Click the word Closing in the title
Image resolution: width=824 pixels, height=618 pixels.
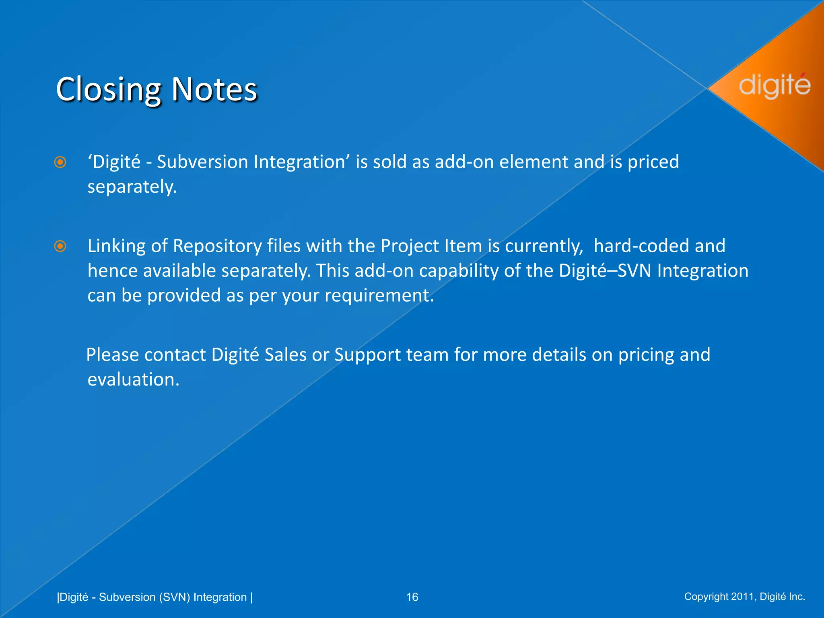(x=108, y=89)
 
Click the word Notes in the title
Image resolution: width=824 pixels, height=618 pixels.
(x=214, y=89)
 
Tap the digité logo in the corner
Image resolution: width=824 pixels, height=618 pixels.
(x=775, y=85)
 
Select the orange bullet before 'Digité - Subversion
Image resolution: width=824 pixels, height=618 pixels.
(x=60, y=163)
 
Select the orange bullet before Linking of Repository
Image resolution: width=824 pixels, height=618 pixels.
(x=60, y=246)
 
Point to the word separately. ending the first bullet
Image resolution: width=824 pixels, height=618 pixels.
(x=132, y=187)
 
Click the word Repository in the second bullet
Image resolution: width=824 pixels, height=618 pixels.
(x=217, y=246)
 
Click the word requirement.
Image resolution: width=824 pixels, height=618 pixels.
(x=379, y=296)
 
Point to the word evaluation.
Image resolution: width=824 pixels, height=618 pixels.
(x=133, y=380)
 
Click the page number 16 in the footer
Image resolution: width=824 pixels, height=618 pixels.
(x=412, y=597)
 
